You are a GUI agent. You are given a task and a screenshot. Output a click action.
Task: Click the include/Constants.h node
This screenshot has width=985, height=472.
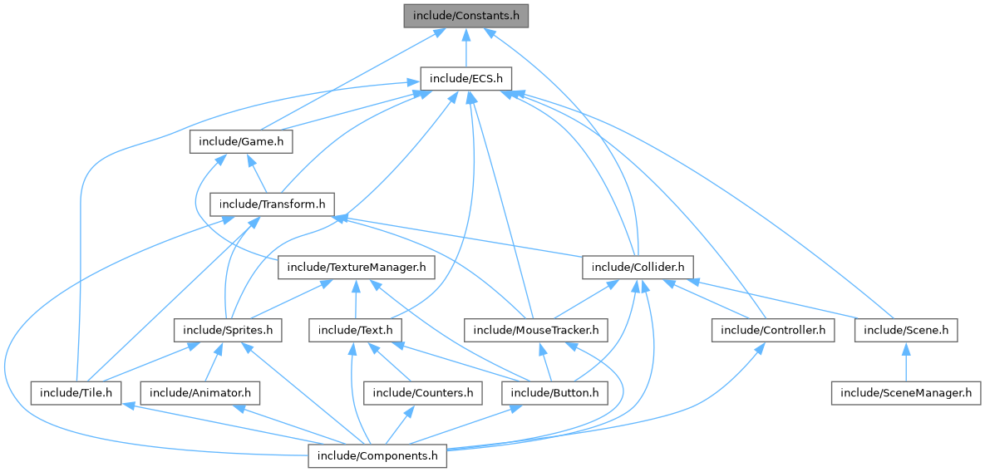coord(465,17)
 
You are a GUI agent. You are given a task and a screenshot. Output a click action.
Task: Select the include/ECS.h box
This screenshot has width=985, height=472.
coord(465,79)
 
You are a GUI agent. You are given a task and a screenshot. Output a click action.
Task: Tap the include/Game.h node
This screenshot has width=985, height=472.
coord(241,142)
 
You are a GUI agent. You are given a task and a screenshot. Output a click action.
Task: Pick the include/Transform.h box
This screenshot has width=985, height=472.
coord(272,204)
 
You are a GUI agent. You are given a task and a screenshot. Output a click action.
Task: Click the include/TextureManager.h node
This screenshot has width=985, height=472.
coord(357,268)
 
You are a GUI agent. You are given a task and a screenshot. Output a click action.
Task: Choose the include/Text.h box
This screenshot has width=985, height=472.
coord(356,331)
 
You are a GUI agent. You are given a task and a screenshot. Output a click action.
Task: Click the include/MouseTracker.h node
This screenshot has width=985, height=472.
coord(535,331)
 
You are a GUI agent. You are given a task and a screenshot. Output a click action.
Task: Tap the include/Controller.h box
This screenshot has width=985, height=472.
coord(772,331)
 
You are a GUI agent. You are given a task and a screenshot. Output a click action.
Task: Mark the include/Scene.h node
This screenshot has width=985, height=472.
coord(906,331)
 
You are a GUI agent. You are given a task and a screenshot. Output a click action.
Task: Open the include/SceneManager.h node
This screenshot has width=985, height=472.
coord(905,392)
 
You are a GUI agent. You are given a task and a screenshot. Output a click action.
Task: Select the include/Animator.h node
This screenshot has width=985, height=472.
coord(200,392)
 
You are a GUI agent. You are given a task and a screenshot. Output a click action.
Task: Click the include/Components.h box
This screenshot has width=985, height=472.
coord(378,455)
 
